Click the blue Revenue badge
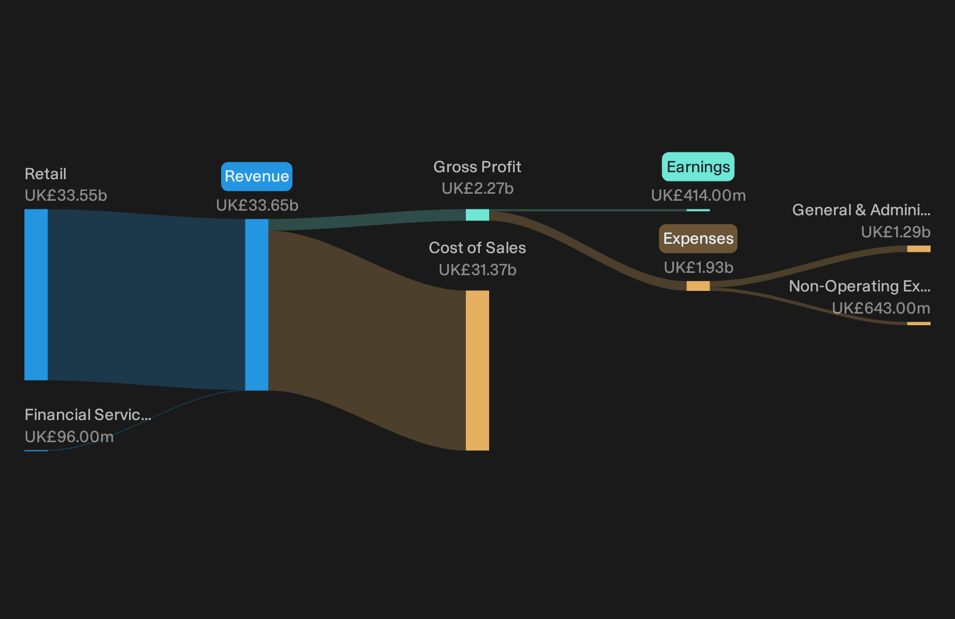coord(256,176)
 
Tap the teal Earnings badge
coord(698,167)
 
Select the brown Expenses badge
coord(698,239)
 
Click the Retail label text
coord(45,174)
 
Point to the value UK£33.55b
coord(66,195)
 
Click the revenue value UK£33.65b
coord(257,205)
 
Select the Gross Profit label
coord(477,167)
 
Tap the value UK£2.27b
coord(477,188)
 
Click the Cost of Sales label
coord(477,248)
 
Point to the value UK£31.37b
coord(477,269)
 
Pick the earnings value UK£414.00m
coord(699,195)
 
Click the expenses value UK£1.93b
coord(699,268)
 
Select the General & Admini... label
coord(861,210)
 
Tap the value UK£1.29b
coord(896,232)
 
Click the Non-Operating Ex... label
coord(860,286)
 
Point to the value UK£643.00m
coord(881,308)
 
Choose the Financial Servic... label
coord(88,415)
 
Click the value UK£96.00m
coord(69,437)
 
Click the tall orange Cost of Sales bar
coord(477,370)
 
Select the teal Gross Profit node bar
coord(477,215)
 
